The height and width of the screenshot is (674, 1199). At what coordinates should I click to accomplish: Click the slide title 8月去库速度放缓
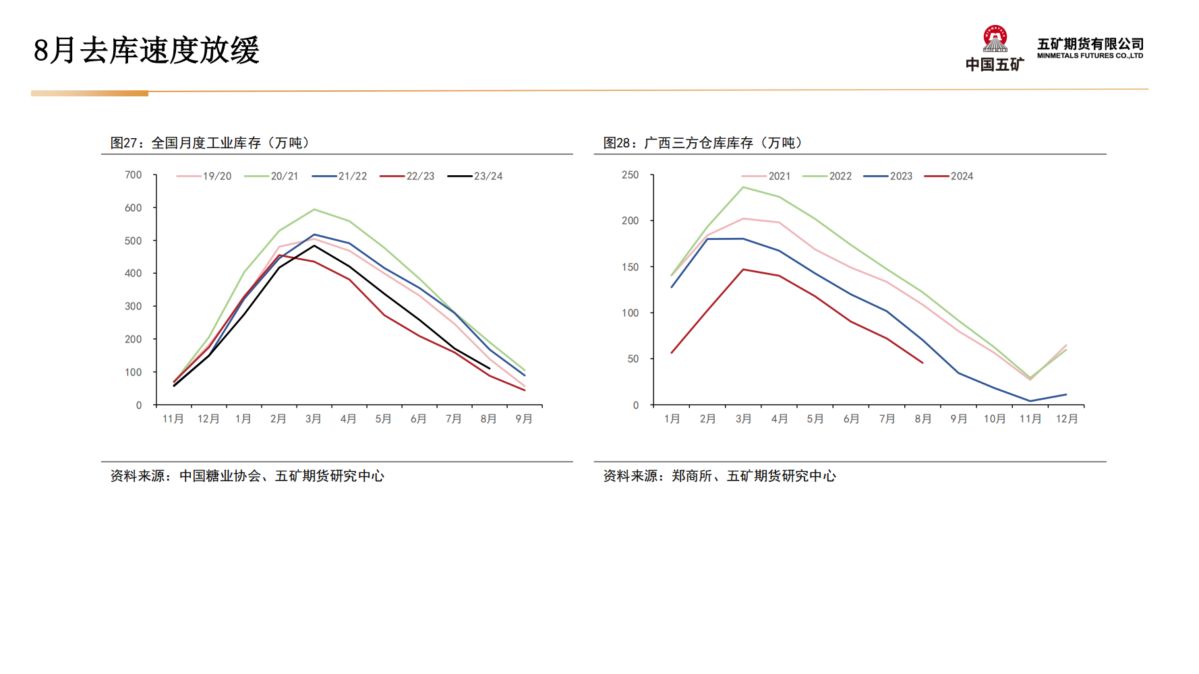146,51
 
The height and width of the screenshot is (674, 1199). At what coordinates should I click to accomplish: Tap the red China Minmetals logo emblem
995,39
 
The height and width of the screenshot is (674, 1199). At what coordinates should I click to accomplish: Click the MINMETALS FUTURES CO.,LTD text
1090,56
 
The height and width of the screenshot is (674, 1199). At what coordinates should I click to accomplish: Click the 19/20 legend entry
204,176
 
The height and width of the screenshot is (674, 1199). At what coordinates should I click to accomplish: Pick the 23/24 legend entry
475,176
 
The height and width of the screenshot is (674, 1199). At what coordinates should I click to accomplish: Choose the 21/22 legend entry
340,176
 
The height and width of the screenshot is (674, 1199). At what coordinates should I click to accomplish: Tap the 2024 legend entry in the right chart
949,176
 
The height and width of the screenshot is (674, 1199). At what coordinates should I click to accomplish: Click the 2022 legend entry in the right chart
827,176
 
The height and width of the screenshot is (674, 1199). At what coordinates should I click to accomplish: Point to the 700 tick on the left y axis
134,175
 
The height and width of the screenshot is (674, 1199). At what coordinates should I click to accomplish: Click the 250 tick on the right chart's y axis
630,175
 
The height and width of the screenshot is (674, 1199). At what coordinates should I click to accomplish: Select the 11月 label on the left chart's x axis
173,419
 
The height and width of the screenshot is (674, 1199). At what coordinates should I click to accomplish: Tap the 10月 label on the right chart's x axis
994,419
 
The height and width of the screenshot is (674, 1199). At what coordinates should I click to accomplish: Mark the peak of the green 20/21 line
314,210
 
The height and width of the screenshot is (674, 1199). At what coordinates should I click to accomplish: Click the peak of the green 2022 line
743,187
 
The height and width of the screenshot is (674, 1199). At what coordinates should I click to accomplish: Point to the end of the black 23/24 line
489,368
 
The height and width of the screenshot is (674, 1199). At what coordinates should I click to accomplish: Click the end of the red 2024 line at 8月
923,363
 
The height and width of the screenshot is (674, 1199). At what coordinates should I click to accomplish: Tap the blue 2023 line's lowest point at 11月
1030,401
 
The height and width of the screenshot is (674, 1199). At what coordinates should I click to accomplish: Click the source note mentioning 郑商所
719,476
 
